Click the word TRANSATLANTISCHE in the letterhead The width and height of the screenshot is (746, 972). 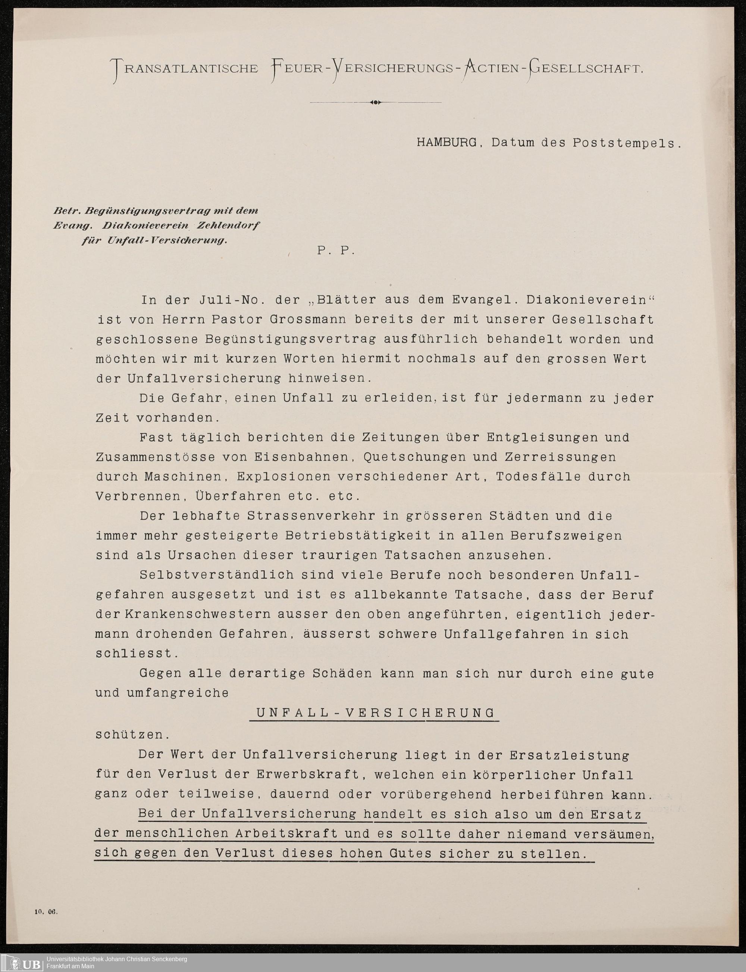[186, 69]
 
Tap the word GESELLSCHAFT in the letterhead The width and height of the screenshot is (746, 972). [585, 69]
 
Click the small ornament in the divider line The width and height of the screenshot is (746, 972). [375, 102]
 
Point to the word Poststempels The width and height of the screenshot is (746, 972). [627, 143]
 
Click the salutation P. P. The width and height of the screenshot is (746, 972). [336, 250]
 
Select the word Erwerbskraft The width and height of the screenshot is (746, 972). [308, 774]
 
